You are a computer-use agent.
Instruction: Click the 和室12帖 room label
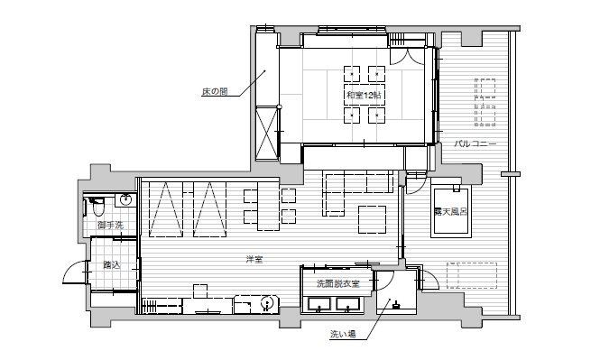point(364,95)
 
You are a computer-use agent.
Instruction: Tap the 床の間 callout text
point(215,91)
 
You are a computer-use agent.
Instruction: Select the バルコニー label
point(475,144)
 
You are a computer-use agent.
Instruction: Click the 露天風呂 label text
point(450,211)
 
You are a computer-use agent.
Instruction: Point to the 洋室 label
point(254,259)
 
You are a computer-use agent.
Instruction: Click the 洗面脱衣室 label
point(337,283)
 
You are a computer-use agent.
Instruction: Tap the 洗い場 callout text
point(343,335)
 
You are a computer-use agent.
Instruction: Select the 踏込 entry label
point(112,264)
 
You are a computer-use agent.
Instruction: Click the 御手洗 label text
point(111,225)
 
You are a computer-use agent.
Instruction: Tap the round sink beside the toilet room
point(125,199)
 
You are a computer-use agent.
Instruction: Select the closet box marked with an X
point(267,134)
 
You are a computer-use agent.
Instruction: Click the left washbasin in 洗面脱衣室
point(319,304)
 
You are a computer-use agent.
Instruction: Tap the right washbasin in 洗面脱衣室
point(348,304)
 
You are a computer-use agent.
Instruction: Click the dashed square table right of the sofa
point(372,219)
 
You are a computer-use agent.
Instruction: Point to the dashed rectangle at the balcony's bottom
point(472,275)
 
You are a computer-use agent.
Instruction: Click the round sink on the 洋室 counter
point(267,302)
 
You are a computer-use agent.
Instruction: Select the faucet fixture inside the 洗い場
point(395,305)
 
